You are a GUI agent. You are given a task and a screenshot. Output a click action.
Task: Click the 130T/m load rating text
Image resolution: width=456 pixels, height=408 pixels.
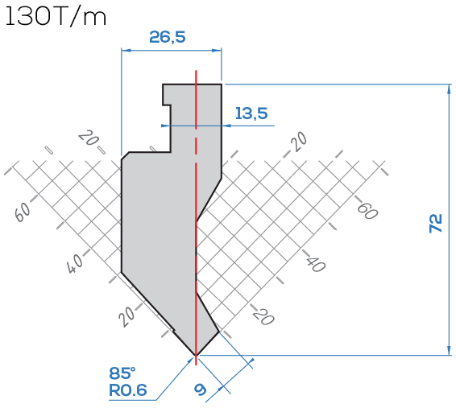coord(56,16)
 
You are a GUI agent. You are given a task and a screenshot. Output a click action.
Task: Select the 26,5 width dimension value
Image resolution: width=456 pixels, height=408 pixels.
coord(168,37)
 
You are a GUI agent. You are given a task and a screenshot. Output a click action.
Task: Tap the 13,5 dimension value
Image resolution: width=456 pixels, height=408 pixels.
coord(251,113)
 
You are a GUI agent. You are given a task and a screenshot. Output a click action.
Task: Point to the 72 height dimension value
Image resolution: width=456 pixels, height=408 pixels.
coord(435,223)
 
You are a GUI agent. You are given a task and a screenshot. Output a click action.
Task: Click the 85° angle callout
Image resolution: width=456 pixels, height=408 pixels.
coord(122,373)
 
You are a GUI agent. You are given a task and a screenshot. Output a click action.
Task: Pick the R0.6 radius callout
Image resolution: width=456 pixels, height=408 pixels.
coord(127,390)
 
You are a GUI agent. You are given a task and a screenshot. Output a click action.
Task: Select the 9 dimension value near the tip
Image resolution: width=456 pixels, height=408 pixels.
coord(201,389)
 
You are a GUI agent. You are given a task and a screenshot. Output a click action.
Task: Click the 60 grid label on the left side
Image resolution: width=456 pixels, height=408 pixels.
coord(22,212)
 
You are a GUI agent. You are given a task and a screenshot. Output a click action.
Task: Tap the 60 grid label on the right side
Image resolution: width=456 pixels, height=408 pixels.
coord(367,211)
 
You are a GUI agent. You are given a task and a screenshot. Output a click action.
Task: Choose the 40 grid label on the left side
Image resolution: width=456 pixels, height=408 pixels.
coord(75,264)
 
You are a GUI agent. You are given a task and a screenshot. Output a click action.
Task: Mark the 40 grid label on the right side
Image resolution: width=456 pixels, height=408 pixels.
coord(315,264)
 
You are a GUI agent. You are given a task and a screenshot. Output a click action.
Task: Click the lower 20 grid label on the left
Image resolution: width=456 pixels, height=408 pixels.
coord(126,317)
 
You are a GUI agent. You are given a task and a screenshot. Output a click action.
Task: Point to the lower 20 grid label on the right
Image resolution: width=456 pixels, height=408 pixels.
coord(263,316)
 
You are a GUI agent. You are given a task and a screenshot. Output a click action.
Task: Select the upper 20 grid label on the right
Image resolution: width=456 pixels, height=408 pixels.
coord(299,142)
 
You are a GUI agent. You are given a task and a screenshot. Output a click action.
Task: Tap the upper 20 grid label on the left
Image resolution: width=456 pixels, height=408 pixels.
coord(87,138)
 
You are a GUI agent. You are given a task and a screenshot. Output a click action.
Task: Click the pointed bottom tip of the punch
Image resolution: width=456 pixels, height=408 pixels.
coord(196,355)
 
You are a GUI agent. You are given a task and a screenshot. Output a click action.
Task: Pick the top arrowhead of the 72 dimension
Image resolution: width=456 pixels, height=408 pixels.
coord(449,89)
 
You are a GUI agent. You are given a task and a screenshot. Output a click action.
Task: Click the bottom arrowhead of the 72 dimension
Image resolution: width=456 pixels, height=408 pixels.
coord(449,350)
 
